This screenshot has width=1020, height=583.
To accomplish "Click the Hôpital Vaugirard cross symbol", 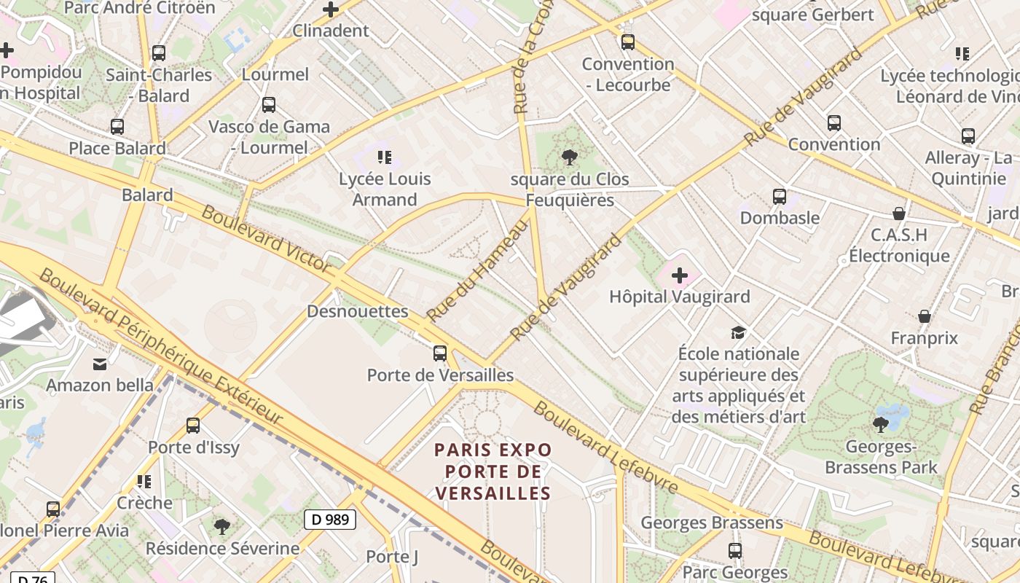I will coord(679,275).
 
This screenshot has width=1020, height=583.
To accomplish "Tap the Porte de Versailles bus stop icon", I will coord(439,353).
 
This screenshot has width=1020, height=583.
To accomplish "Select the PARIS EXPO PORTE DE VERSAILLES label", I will coord(493,472).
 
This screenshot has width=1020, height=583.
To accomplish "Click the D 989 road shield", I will coord(330,520).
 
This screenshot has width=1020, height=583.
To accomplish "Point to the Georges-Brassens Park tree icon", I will coord(880,424).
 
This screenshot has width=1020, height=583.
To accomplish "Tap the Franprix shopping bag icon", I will coord(924,316).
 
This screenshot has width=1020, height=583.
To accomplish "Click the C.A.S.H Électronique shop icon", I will coord(899,213).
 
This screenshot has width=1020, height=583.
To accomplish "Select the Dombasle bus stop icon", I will coord(780,196).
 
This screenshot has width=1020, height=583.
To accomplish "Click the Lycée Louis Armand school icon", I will coord(385,157).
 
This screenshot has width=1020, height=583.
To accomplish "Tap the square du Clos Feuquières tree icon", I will coord(569,157).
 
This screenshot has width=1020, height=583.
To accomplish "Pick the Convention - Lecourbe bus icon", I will coord(627,42).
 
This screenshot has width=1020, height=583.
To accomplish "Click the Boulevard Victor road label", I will coord(266,239).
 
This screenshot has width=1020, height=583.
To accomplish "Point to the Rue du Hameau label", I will coord(476,272).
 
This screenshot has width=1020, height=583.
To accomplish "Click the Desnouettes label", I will coord(357,311).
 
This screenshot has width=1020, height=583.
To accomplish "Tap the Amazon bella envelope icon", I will coord(100,364).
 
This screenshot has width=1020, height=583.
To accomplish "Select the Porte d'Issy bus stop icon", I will coord(193,426).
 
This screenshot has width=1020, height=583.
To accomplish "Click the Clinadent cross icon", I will coord(331,9).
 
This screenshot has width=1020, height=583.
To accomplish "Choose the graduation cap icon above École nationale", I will coord(738,332).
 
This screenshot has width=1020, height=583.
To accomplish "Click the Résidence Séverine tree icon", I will coord(222,526).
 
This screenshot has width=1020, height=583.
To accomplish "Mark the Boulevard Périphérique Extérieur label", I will coord(160,347).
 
